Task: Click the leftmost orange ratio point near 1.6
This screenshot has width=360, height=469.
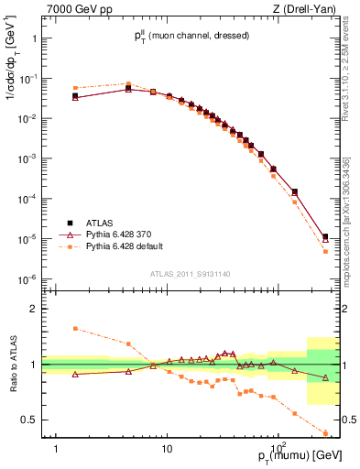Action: pyautogui.click(x=75, y=328)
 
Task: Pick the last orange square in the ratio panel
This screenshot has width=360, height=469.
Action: pyautogui.click(x=326, y=432)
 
